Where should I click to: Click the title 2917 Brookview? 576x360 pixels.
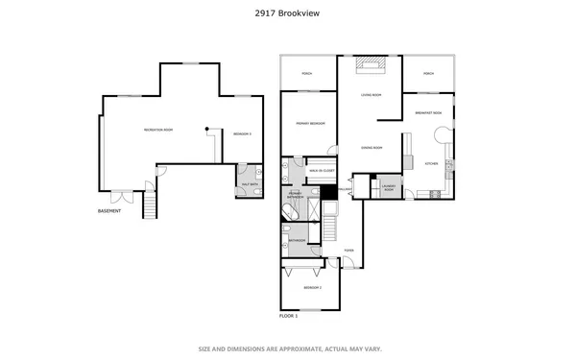pos(288,13)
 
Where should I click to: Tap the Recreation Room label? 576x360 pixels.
pos(158,130)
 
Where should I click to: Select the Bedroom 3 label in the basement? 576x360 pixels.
pos(242,134)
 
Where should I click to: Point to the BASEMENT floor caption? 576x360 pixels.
pos(109,211)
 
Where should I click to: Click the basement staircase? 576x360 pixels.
pos(149,204)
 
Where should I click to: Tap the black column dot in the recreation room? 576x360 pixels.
pos(205,129)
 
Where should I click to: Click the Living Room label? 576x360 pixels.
pos(371,95)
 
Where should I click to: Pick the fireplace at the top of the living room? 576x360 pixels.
pos(370,65)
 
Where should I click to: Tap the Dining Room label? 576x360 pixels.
pos(372,148)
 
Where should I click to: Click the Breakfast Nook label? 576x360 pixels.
pos(428,113)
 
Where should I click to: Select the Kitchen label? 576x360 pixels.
pos(431,164)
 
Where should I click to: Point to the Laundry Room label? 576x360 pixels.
pos(388,188)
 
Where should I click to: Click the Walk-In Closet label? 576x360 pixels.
pos(322,172)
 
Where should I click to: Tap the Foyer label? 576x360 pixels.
pos(349,252)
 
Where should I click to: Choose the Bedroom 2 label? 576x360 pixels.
pos(313,287)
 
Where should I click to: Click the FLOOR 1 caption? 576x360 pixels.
pos(289,315)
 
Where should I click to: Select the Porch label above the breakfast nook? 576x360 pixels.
pos(428,74)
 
